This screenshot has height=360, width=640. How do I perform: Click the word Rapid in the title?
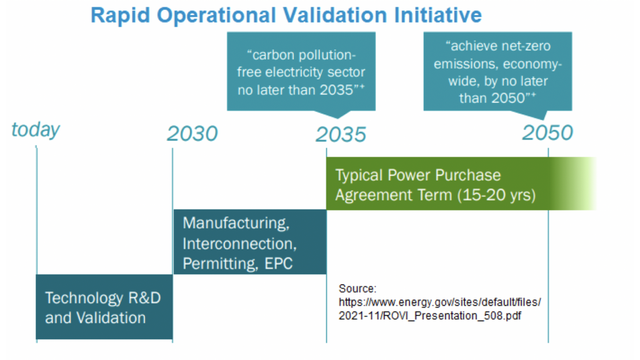click(121, 16)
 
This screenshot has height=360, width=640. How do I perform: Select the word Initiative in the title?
click(438, 15)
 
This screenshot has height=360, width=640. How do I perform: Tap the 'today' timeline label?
click(36, 130)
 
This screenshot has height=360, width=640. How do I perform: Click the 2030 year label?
click(192, 134)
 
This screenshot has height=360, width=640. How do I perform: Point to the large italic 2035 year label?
click(341, 134)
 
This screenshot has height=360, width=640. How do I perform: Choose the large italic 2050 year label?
click(547, 132)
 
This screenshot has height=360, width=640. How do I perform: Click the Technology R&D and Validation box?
click(104, 306)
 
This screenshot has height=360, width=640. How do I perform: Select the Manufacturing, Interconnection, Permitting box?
click(250, 242)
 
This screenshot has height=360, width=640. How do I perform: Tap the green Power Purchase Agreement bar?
click(461, 183)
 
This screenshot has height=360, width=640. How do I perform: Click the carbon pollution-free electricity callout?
click(301, 72)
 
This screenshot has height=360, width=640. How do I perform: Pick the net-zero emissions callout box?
click(497, 72)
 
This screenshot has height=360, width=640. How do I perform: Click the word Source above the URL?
click(357, 289)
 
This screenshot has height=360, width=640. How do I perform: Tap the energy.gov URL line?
click(439, 302)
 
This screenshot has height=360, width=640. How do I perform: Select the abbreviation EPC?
click(278, 264)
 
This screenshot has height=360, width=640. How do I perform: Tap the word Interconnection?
click(239, 244)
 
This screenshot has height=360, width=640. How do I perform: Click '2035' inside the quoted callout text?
click(336, 90)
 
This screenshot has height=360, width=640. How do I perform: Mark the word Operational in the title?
click(217, 16)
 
